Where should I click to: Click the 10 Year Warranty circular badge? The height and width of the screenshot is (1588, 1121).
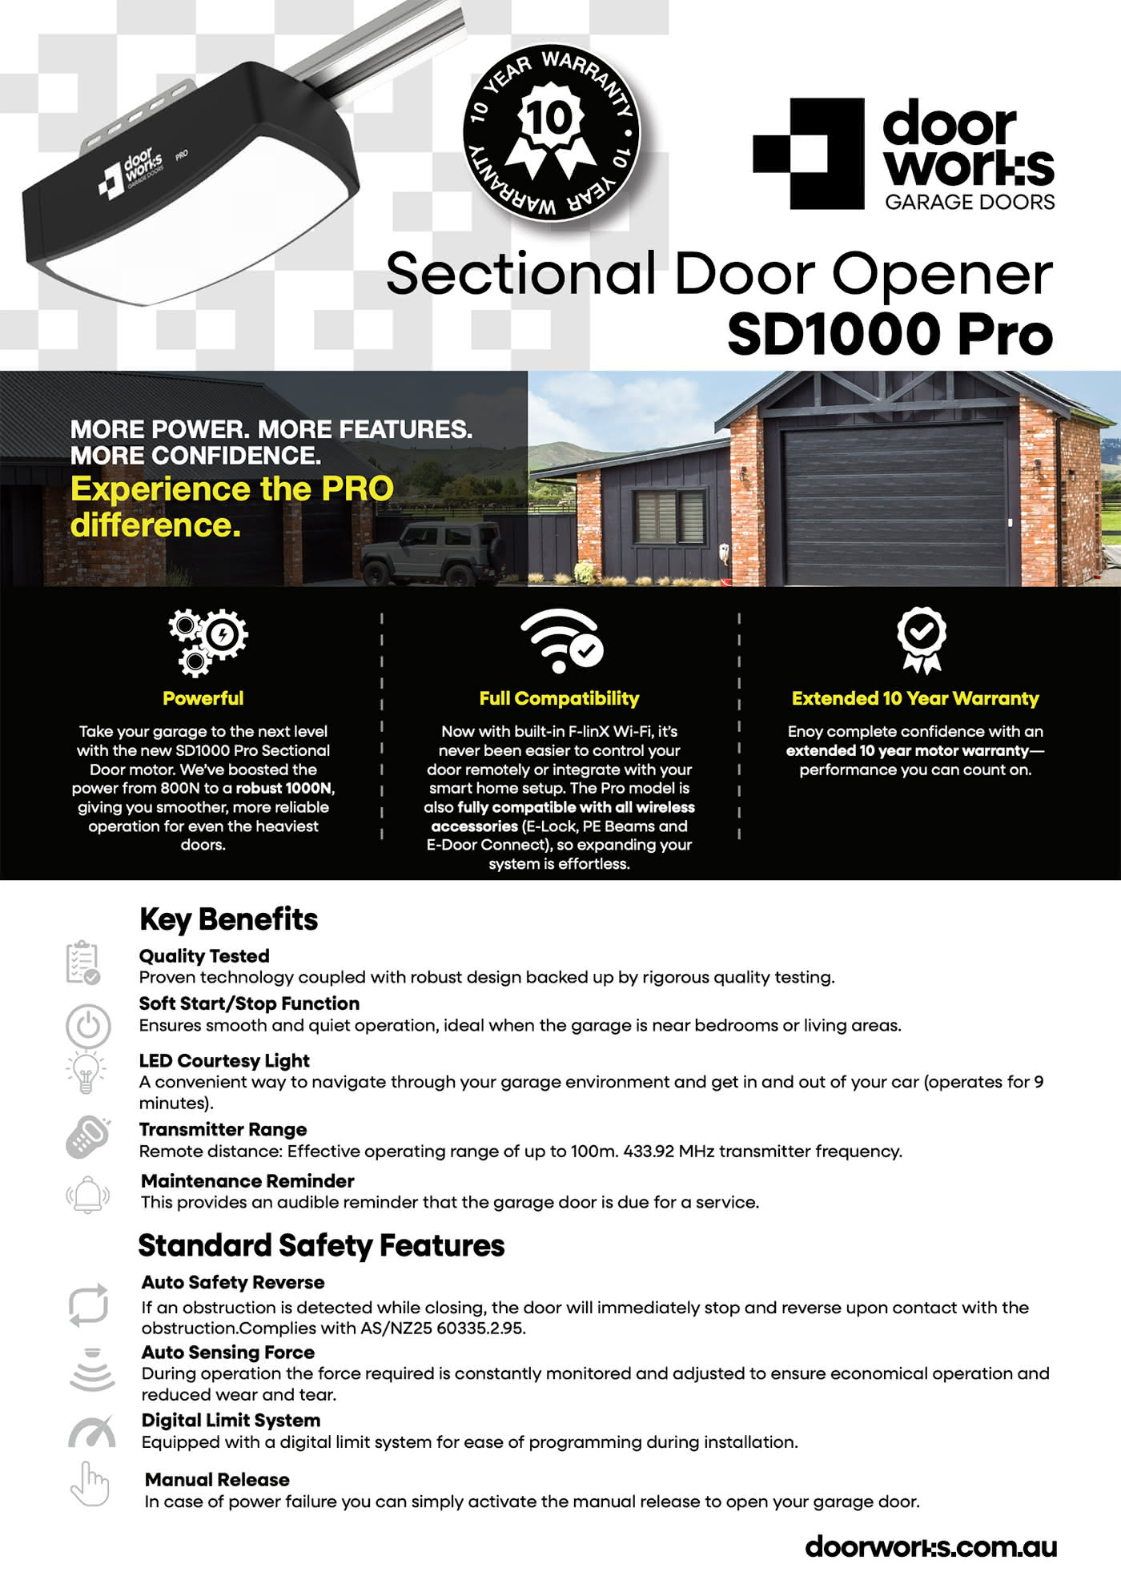point(551,133)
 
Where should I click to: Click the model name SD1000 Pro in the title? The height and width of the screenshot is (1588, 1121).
point(889,333)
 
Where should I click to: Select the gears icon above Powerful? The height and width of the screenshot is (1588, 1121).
point(207,641)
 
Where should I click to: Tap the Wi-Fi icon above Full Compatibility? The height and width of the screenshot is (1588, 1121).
point(560,641)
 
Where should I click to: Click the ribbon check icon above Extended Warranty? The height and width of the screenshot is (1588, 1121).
point(921,639)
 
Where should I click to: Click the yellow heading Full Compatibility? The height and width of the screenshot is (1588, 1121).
point(559,698)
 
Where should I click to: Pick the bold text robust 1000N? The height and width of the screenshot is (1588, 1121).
point(283,788)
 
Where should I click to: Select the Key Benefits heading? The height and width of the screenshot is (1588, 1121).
point(228,919)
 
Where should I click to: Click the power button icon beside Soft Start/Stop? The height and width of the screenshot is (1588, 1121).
point(88,1026)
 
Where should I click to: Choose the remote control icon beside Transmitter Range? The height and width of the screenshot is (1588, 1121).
point(88,1136)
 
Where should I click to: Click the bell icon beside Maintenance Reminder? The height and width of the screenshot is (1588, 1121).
point(87,1195)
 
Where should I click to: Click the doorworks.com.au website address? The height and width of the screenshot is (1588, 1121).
point(930,1546)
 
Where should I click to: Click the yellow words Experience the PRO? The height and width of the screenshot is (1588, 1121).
point(232,488)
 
